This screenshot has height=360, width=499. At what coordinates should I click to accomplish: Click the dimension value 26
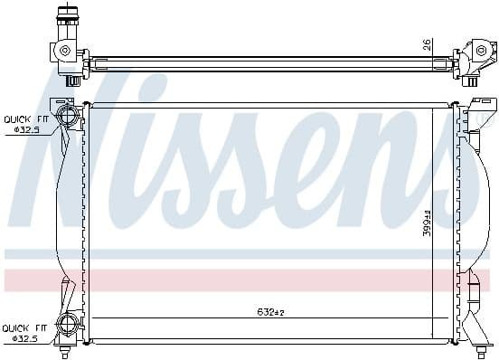point(427,43)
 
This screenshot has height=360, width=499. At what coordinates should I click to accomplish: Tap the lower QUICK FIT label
point(24,328)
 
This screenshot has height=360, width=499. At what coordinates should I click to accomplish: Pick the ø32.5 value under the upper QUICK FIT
point(26,130)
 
